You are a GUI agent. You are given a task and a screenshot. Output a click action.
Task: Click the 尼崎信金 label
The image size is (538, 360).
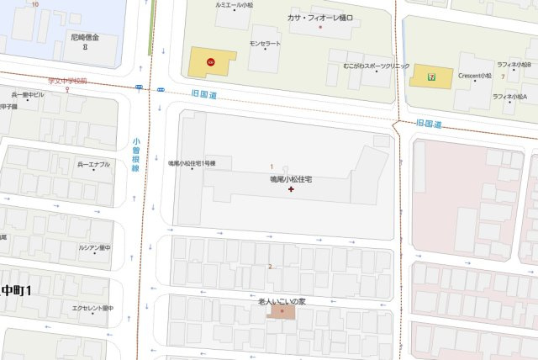pos(84,38)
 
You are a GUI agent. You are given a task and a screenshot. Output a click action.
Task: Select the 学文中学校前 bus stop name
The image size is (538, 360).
pos(67,81)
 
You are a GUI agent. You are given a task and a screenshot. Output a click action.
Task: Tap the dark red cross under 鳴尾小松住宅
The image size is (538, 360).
pos(291,190)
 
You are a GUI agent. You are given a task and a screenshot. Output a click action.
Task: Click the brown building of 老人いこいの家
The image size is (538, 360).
pos(282,312)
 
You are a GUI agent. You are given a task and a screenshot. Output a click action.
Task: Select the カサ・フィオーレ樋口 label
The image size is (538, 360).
pos(320,17)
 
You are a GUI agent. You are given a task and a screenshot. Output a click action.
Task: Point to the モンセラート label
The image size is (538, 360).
pos(265,43)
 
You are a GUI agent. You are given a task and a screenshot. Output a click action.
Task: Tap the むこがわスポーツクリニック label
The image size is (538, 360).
pos(377,66)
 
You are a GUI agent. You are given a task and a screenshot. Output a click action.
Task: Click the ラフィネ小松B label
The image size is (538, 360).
pos(513,64)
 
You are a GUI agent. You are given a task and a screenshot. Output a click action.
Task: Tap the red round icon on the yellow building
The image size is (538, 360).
pos(210,61)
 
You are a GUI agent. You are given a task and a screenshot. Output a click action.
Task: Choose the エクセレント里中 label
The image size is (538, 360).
pos(92,308)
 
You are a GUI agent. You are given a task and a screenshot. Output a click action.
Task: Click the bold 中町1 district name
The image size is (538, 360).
pos(15,290)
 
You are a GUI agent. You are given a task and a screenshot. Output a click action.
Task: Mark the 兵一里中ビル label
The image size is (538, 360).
pos(28,95)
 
